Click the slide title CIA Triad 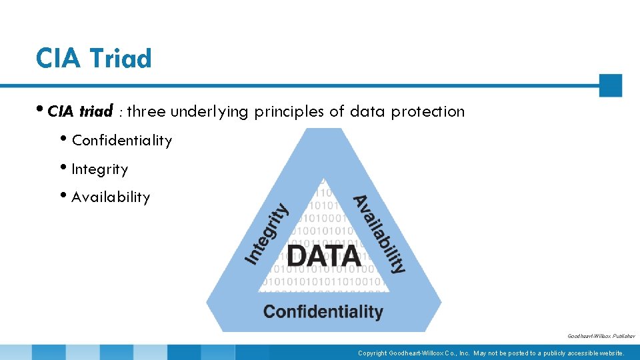[x=94, y=59]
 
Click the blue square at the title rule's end [x=610, y=85]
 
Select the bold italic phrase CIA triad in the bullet [x=80, y=111]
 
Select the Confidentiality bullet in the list [x=121, y=141]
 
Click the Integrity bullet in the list [x=99, y=169]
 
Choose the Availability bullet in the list [x=111, y=197]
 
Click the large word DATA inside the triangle [x=324, y=255]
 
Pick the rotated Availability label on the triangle [x=379, y=234]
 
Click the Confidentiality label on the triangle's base [x=323, y=311]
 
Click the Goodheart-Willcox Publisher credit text [x=601, y=337]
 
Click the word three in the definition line [x=146, y=111]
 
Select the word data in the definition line [x=367, y=111]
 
